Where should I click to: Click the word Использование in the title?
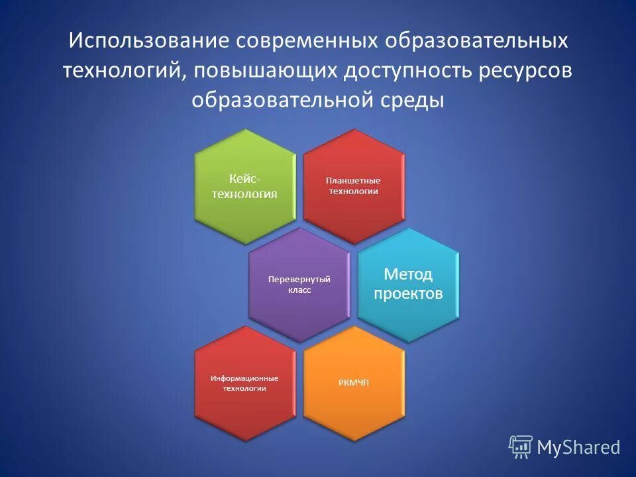(x=148, y=41)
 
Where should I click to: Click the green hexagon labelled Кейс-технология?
(x=244, y=186)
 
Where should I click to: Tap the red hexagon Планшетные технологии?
(x=353, y=186)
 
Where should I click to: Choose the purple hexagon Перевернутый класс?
(x=299, y=285)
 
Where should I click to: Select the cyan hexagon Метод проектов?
(x=408, y=285)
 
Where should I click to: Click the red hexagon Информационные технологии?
(x=244, y=383)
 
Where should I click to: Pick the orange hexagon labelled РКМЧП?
(x=353, y=383)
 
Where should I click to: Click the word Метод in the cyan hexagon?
(x=408, y=274)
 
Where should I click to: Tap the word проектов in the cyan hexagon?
(x=408, y=294)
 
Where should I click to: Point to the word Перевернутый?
(x=299, y=280)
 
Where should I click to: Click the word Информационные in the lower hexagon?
(x=244, y=378)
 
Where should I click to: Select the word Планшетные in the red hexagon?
(x=353, y=180)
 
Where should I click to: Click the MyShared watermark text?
(x=578, y=447)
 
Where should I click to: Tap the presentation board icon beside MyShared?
(x=521, y=447)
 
